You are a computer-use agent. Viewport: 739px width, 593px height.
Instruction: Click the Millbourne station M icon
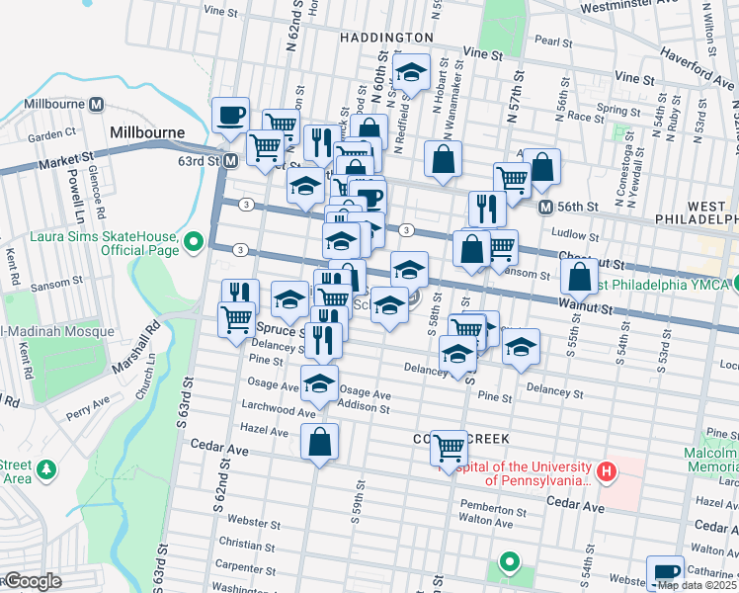point(97,104)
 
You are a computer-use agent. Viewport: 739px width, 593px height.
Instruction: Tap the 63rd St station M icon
point(230,160)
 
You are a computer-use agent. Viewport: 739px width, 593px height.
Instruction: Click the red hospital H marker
point(608,473)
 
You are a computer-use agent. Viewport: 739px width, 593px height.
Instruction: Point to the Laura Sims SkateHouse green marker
point(194,240)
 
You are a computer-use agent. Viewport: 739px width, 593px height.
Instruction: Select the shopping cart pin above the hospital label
point(450,448)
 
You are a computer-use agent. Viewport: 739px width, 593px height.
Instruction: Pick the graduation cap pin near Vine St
point(411,71)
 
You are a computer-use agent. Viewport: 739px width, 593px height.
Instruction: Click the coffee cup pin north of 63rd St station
point(230,114)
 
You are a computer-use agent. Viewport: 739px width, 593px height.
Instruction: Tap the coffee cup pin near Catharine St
point(665,572)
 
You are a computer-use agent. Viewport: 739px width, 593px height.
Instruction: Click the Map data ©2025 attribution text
point(698,585)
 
